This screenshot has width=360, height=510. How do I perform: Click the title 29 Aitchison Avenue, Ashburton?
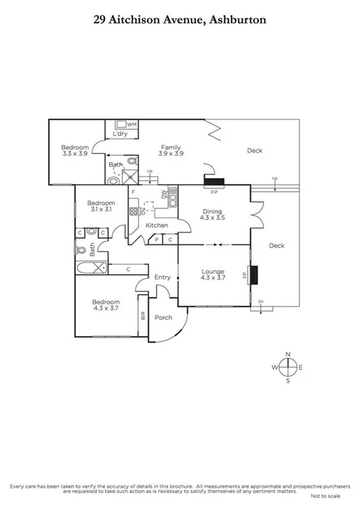pos(180,23)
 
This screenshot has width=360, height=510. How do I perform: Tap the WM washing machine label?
pos(131,125)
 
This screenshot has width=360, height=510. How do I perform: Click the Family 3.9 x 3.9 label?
pos(171,150)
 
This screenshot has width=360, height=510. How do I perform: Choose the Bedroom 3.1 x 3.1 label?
pos(102,206)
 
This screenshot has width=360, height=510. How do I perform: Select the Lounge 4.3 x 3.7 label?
pos(213,275)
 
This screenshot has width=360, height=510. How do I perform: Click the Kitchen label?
pos(156,225)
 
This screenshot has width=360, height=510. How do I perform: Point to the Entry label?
pos(163,277)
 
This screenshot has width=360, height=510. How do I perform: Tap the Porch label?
pos(164,318)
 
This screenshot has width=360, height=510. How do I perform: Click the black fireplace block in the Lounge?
pos(254,274)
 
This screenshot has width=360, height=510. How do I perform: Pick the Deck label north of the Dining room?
pos(254,150)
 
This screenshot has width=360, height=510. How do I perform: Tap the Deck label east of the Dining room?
pos(277,245)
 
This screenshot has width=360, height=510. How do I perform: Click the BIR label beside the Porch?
pos(144,315)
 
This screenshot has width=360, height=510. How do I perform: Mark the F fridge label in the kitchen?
pos(133,193)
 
